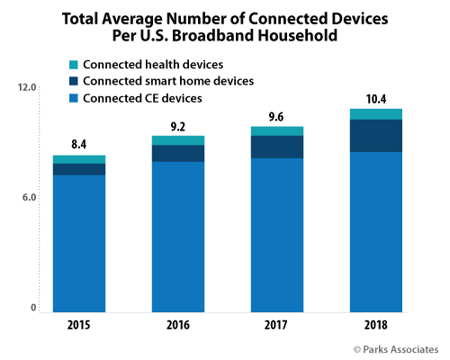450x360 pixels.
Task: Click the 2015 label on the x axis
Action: (x=78, y=327)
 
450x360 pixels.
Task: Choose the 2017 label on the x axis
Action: (x=277, y=327)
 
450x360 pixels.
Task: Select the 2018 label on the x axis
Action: (x=375, y=327)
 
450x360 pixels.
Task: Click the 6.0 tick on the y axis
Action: (x=27, y=198)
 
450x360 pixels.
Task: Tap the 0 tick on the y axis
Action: (x=32, y=308)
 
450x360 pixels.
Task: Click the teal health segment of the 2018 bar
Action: (x=375, y=113)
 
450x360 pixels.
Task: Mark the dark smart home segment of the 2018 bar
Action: (x=375, y=135)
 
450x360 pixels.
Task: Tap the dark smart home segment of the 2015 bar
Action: (x=78, y=169)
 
